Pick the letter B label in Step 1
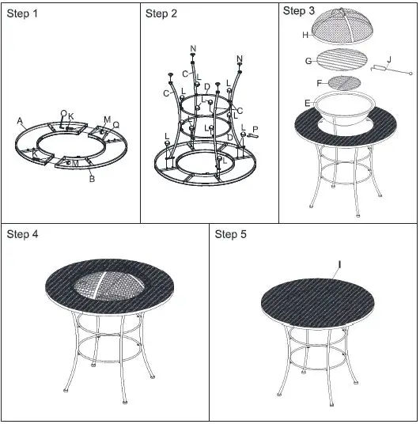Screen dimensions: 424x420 point(92,179)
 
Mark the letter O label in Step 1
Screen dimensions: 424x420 point(63,114)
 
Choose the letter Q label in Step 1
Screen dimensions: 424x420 point(115,125)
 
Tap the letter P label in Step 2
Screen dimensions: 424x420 point(255,129)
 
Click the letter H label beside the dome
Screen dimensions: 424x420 point(305,35)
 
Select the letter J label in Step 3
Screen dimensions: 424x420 point(388,59)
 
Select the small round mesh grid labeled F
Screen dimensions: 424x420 point(342,83)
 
